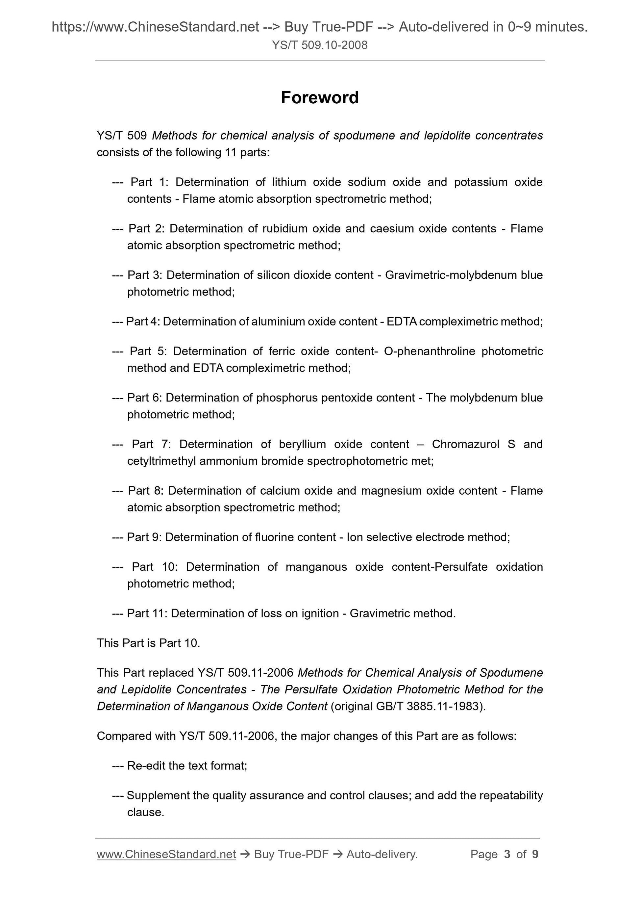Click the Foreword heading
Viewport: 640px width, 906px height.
(319, 97)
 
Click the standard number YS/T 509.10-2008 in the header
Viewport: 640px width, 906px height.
(319, 45)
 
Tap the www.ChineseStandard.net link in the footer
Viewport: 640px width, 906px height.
(166, 854)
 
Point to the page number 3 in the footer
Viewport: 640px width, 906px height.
(507, 854)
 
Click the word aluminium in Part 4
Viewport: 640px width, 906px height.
(278, 322)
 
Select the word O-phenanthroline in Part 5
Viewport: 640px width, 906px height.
(430, 351)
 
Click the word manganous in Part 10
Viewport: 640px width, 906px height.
(316, 567)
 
